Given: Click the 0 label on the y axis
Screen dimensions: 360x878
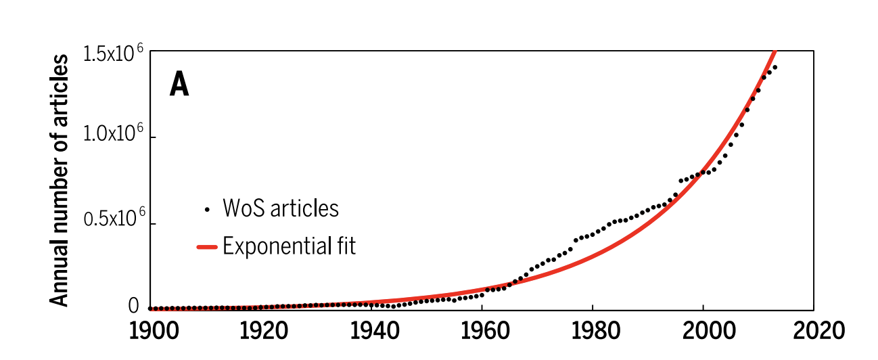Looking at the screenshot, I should coord(133,307).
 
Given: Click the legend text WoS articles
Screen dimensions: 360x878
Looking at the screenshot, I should coord(281,208).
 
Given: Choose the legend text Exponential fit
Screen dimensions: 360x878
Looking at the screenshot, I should coord(289,246).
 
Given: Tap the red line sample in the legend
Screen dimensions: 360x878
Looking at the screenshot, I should coord(206,247).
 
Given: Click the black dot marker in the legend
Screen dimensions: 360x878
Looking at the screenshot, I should coord(207,209).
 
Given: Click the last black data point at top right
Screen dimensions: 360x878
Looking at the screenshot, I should coord(775,67).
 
